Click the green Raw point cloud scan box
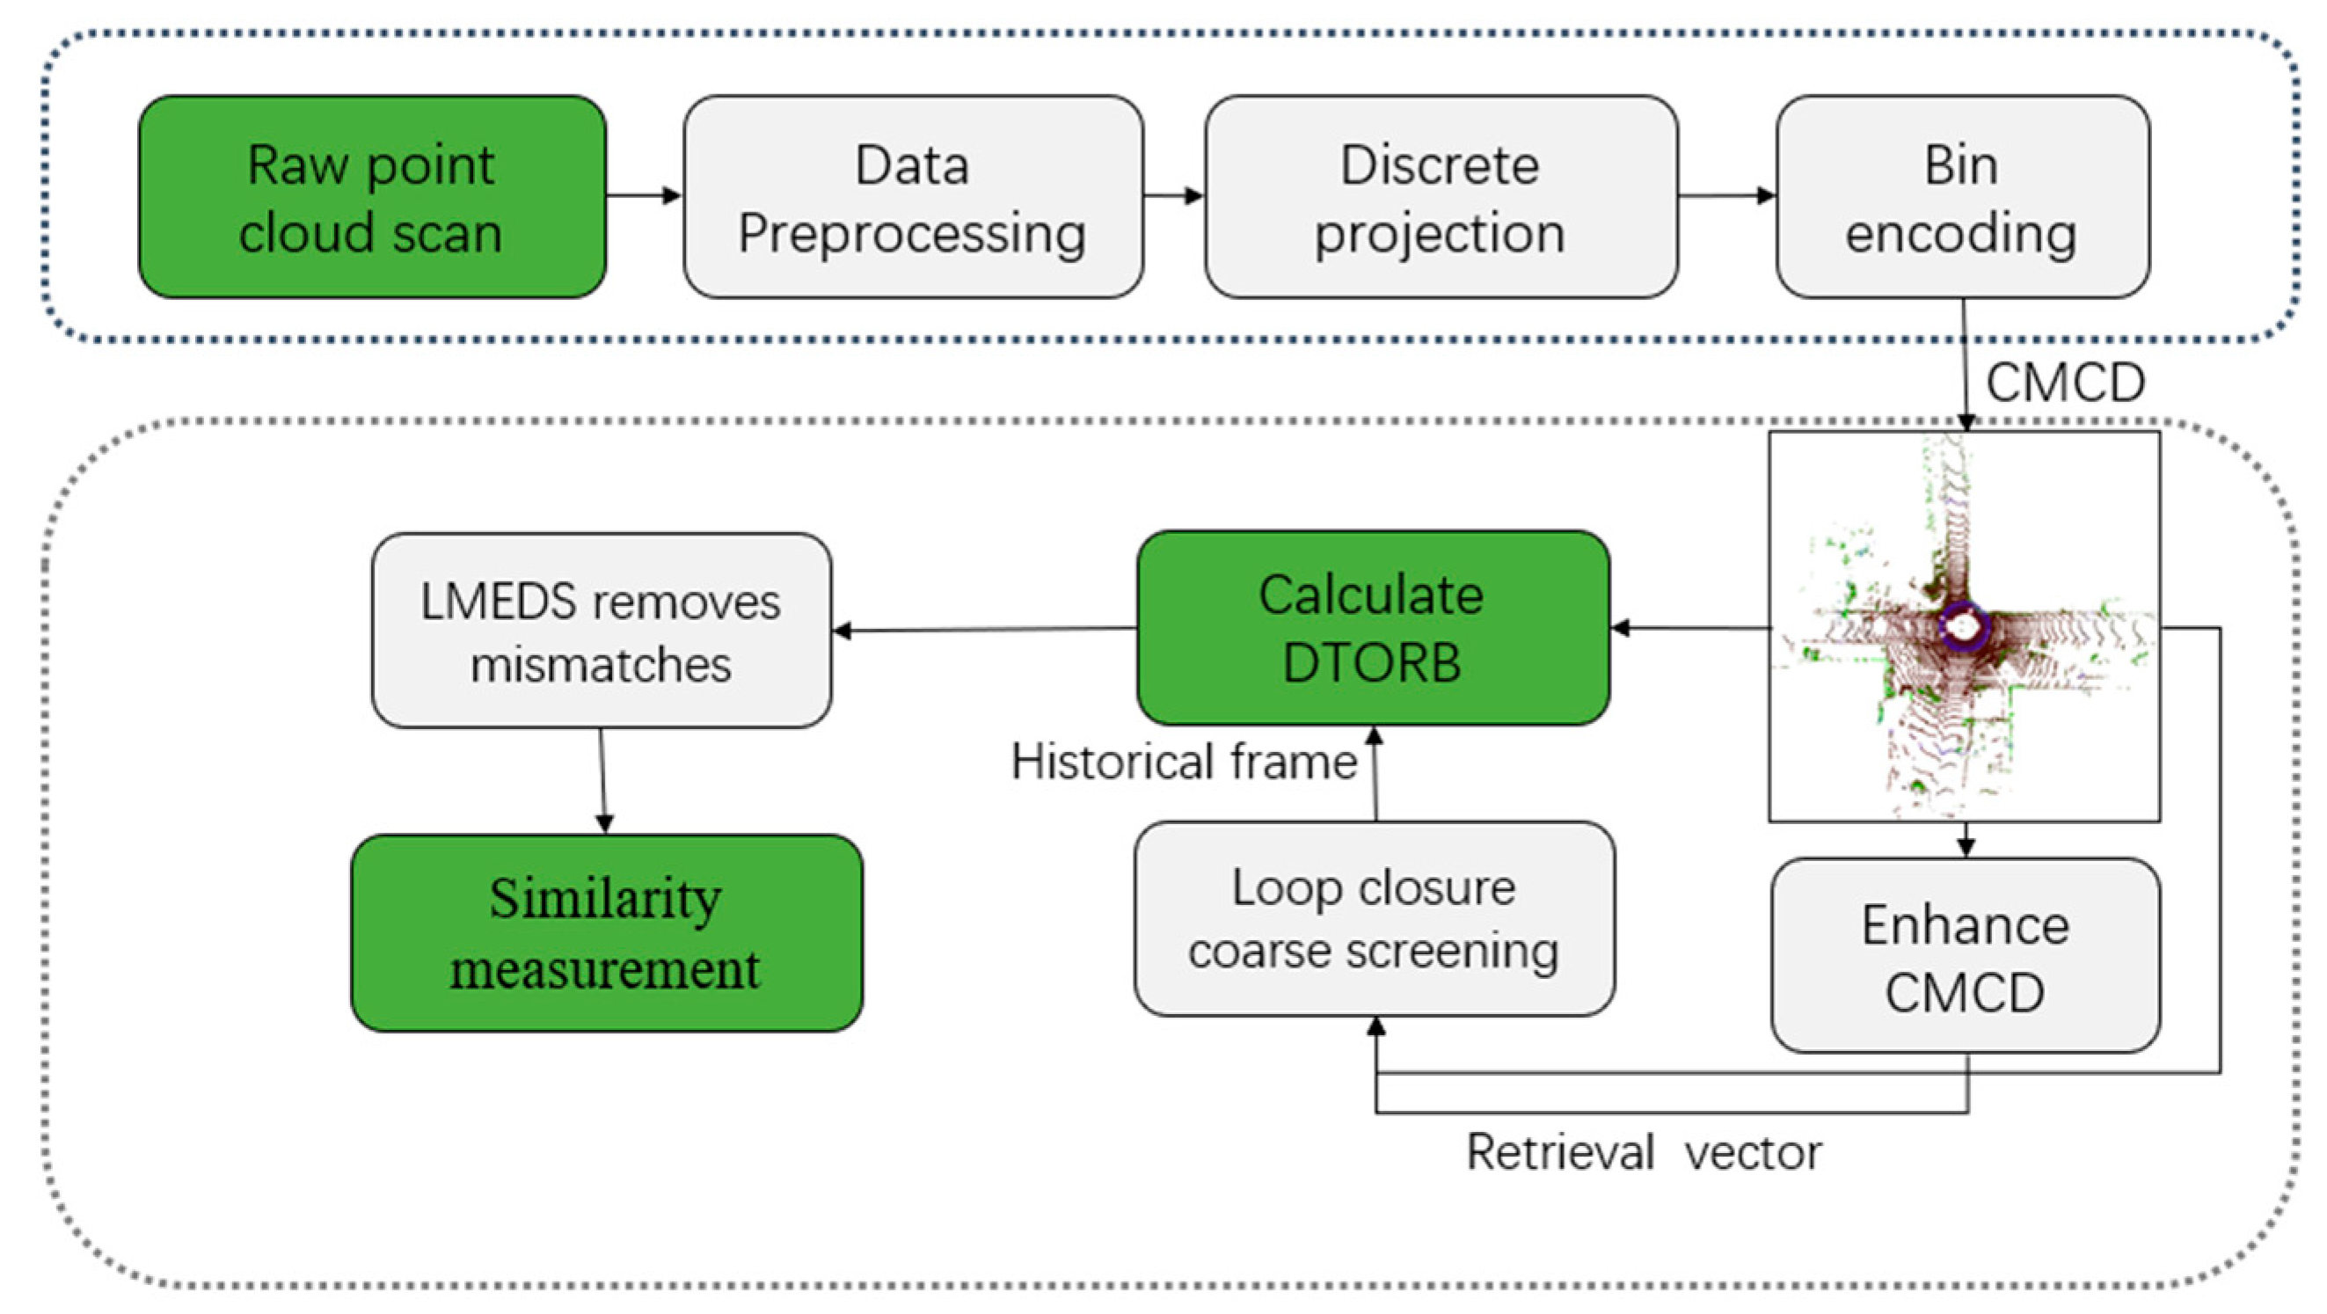(x=372, y=197)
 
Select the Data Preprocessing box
(x=912, y=197)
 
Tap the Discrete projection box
(x=1440, y=197)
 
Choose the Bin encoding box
(x=1962, y=197)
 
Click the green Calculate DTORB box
(x=1371, y=628)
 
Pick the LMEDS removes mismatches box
(x=601, y=631)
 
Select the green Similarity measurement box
(x=605, y=932)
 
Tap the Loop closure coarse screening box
(x=1373, y=919)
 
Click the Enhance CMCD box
(x=1965, y=956)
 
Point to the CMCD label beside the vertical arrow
(x=2065, y=383)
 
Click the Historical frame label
(x=1184, y=762)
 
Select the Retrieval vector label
(x=1643, y=1153)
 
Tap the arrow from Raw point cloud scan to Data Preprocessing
(x=643, y=195)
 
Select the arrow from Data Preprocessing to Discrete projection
(x=1172, y=195)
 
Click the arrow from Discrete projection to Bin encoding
(x=1726, y=195)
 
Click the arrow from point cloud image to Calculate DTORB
(x=1689, y=627)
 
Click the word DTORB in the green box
(x=1371, y=662)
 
